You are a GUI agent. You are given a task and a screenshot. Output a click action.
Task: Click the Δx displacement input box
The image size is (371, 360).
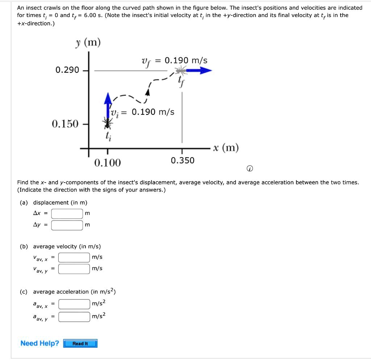[x=67, y=214]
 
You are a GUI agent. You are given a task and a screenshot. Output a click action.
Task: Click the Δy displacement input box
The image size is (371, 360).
[x=67, y=225]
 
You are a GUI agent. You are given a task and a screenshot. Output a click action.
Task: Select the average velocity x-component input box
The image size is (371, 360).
[x=74, y=258]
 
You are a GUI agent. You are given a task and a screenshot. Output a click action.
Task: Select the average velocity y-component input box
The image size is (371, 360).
[x=74, y=269]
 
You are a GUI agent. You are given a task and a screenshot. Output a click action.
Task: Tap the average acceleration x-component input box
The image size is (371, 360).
[x=74, y=303]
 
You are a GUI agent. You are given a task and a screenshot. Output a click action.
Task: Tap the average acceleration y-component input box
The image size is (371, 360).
[x=74, y=317]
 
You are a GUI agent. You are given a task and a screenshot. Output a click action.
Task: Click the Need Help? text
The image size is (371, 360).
[x=39, y=343]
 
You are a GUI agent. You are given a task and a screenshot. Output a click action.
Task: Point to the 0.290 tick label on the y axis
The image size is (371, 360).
[x=67, y=70]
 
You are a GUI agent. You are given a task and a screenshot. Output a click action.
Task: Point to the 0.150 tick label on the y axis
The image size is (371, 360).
[x=65, y=124]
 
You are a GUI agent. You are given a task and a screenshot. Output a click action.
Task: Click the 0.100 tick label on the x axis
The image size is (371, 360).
[x=107, y=163]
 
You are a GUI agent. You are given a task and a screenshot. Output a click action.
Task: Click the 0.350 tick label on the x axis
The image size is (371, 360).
[x=183, y=160]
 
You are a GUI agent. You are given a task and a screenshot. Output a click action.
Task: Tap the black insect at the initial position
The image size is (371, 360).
[x=107, y=124]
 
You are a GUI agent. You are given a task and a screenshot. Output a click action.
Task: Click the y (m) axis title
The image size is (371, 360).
[x=88, y=43]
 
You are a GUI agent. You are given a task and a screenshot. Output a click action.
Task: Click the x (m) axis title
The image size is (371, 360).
[x=226, y=148]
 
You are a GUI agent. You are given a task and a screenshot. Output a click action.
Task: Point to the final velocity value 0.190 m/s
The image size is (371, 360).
[x=186, y=60]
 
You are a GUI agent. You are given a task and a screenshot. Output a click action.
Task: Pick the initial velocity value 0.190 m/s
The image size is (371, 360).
[x=153, y=112]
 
